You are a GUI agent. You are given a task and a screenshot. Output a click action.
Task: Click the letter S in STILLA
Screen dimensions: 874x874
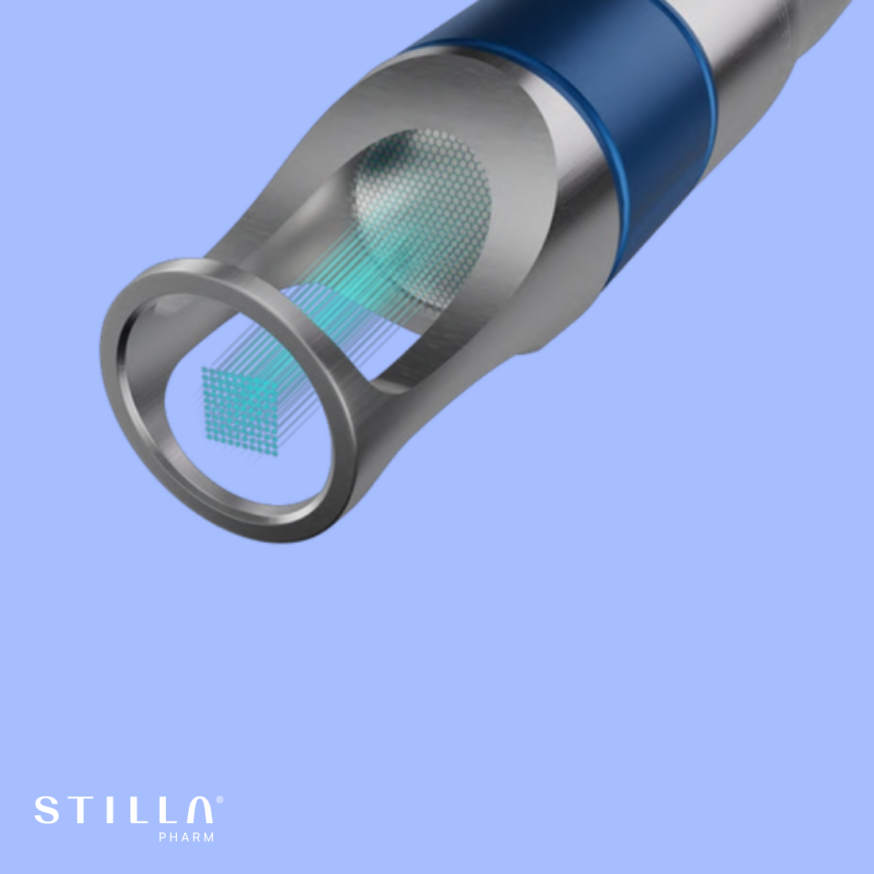pyautogui.click(x=47, y=810)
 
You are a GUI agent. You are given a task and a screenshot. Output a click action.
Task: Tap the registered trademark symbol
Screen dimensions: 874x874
pyautogui.click(x=220, y=800)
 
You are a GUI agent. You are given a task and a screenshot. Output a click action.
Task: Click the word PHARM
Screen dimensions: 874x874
pyautogui.click(x=187, y=837)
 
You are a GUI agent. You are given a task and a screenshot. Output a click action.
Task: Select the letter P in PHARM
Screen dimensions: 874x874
pyautogui.click(x=162, y=837)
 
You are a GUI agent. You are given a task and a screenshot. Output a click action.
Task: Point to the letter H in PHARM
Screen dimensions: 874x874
pyautogui.click(x=175, y=837)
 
